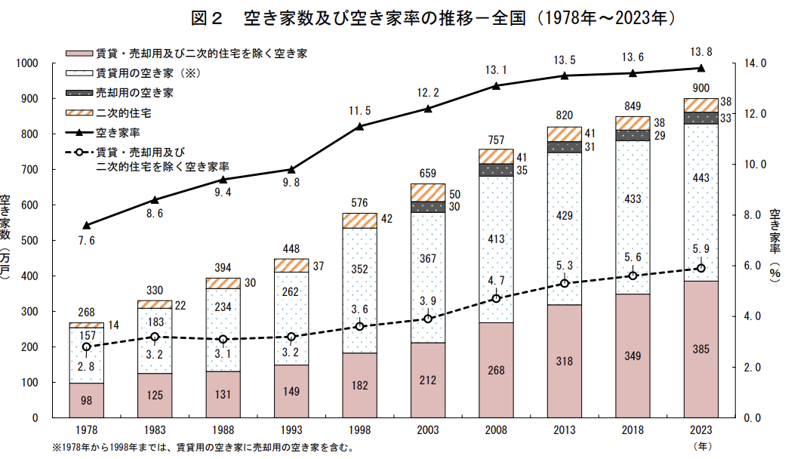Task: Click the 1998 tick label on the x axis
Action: pos(359,430)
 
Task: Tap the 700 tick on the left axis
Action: pos(29,170)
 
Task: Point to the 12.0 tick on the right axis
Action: pos(755,114)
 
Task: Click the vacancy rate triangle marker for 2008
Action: pos(496,85)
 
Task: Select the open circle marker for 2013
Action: pos(565,283)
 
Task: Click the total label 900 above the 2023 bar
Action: pos(701,88)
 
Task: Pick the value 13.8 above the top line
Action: pos(701,52)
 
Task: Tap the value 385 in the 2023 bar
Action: pos(701,350)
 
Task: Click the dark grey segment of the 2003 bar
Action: pos(428,207)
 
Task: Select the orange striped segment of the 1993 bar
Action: pos(291,265)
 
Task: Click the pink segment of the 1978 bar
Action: pos(87,400)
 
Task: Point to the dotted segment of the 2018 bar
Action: pos(633,217)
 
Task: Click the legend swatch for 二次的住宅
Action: pos(79,112)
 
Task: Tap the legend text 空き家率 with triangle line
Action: pos(119,133)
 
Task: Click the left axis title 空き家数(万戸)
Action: pos(5,236)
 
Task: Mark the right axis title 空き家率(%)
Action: pos(775,245)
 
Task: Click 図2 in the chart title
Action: pos(206,18)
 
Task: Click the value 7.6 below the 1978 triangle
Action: pos(87,241)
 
